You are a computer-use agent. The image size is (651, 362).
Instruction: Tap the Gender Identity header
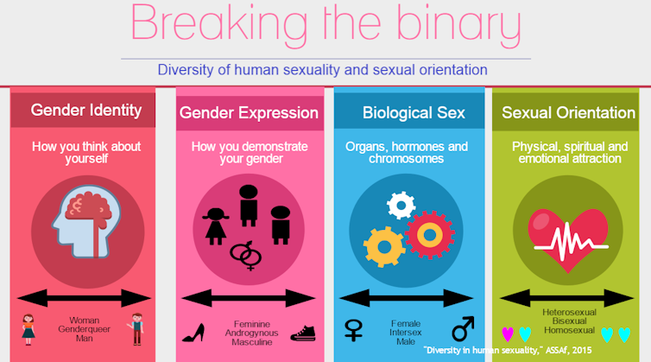85,110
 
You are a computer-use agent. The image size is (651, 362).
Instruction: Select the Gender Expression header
248,112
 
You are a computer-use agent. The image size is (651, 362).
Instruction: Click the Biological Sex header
413,112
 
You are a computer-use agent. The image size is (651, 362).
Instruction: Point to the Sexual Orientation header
568,112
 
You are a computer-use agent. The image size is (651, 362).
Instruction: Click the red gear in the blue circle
429,234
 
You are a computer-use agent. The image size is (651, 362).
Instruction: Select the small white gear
401,205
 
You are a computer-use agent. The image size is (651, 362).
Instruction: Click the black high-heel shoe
194,332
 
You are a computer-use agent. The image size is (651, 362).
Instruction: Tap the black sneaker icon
303,333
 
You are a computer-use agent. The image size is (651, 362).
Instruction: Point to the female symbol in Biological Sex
353,329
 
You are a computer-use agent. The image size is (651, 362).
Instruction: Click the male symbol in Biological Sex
463,328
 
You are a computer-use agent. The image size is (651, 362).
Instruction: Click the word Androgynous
248,332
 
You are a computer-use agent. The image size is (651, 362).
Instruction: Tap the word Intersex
406,329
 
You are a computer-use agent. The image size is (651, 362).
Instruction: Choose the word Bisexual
569,320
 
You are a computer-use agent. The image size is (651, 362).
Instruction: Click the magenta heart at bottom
508,333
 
